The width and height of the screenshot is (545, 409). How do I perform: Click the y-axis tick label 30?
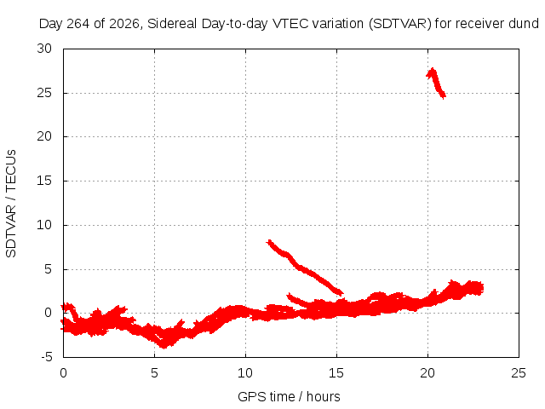pyautogui.click(x=44, y=49)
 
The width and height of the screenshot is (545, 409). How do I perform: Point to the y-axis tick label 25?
pyautogui.click(x=44, y=93)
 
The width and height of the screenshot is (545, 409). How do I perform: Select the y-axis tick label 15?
pyautogui.click(x=44, y=181)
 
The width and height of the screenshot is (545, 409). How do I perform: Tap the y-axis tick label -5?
pyautogui.click(x=45, y=357)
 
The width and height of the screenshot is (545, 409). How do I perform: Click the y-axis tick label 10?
pyautogui.click(x=44, y=225)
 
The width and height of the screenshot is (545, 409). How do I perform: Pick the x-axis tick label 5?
pyautogui.click(x=154, y=373)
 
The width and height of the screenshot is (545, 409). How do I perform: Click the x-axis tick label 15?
pyautogui.click(x=336, y=373)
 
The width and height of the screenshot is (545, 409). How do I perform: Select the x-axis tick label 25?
pyautogui.click(x=519, y=373)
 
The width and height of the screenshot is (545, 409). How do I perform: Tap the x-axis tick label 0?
pyautogui.click(x=63, y=373)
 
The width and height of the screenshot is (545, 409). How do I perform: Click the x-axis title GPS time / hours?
pyautogui.click(x=289, y=397)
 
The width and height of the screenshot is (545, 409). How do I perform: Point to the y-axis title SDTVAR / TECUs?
pyautogui.click(x=11, y=204)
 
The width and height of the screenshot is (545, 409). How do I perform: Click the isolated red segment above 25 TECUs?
pyautogui.click(x=436, y=84)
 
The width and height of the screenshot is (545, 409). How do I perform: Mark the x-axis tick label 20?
pyautogui.click(x=427, y=373)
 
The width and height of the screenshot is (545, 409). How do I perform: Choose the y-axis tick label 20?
pyautogui.click(x=44, y=136)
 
